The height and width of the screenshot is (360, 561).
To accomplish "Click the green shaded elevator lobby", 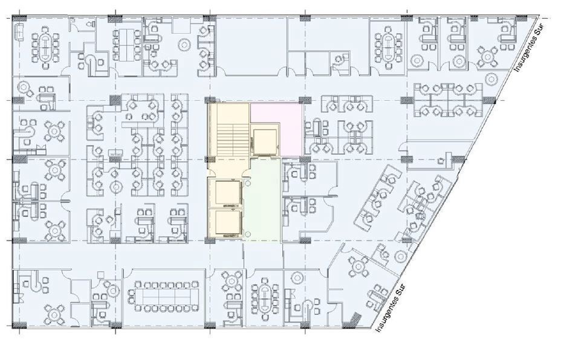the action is click(262, 199).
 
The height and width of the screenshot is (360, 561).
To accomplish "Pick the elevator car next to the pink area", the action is click(265, 141).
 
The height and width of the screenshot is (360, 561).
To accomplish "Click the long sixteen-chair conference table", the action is click(163, 295).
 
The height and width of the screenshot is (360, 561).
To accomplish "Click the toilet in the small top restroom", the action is click(89, 24).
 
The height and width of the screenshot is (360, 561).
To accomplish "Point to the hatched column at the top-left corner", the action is click(18, 18).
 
